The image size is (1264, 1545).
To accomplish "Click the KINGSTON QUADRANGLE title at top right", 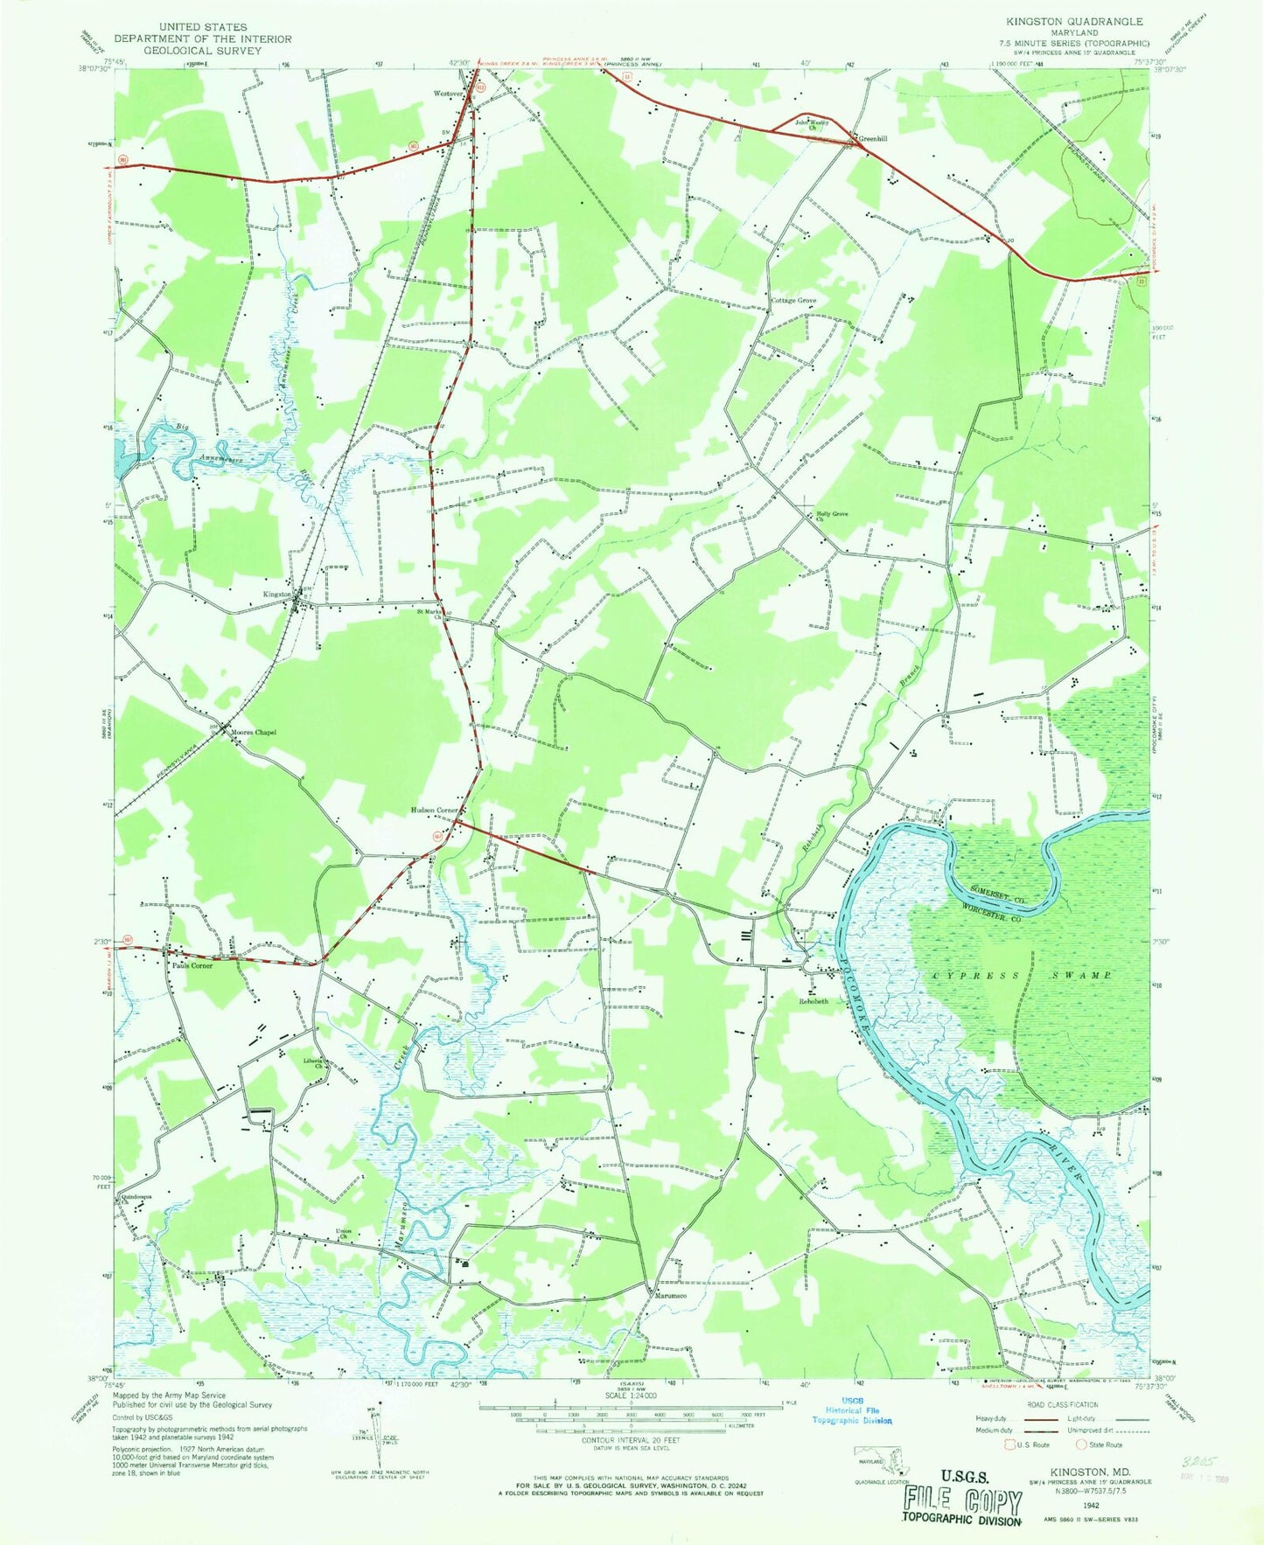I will [1086, 21].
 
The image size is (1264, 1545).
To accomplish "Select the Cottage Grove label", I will [793, 301].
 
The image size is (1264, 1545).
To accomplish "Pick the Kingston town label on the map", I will [277, 594].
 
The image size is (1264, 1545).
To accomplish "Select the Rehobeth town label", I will [813, 1001].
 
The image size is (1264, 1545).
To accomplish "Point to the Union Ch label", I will [344, 1235].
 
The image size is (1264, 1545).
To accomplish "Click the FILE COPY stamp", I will [963, 1504].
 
